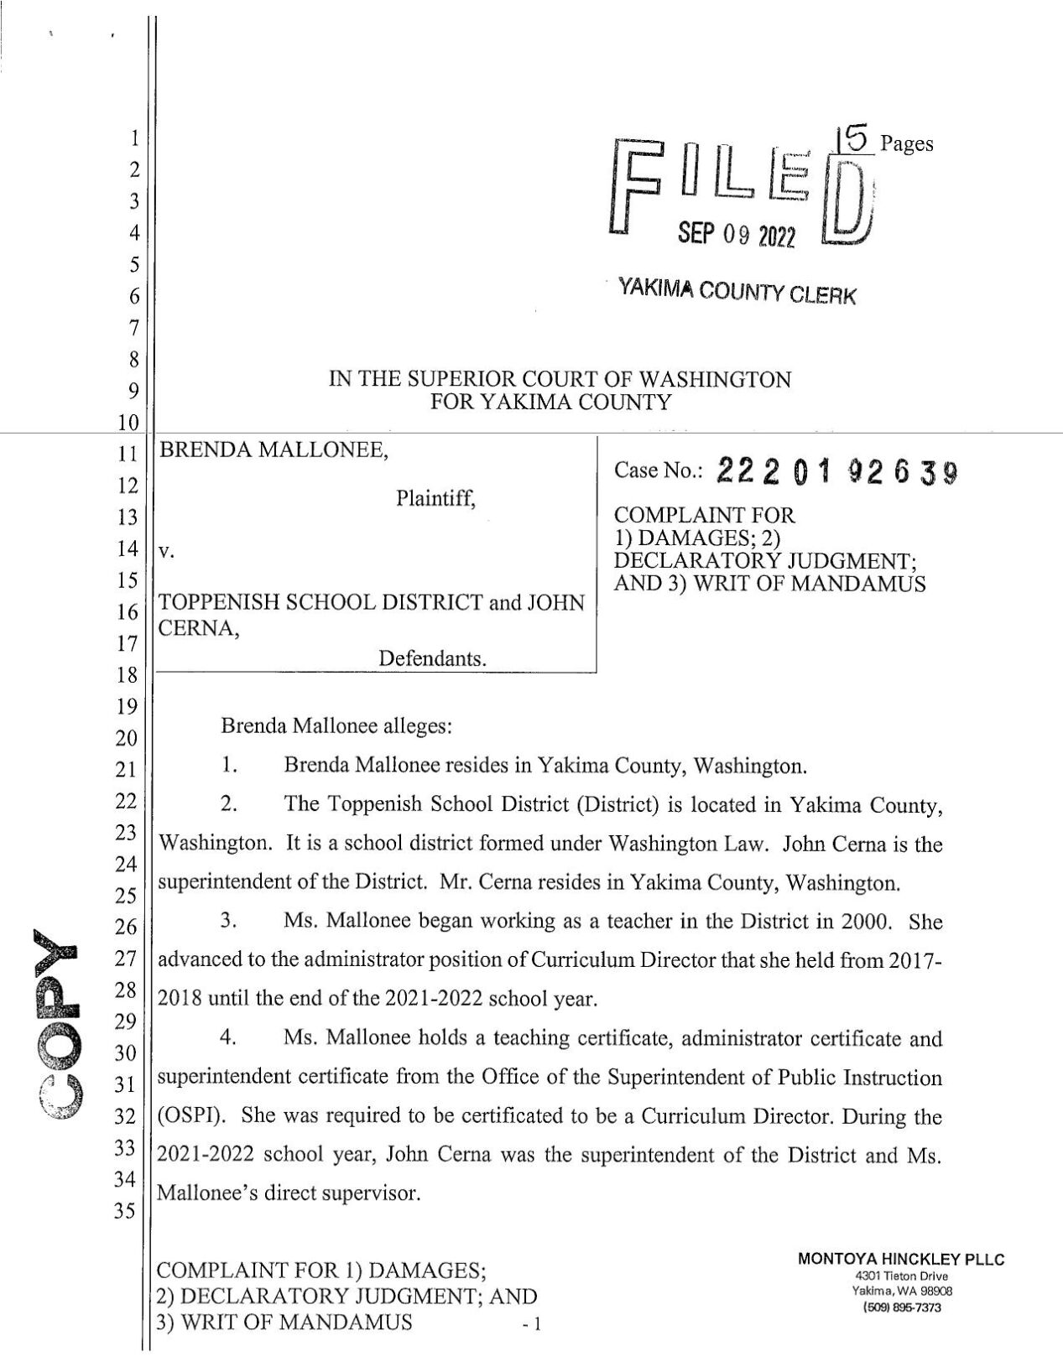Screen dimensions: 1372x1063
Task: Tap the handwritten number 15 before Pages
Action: coord(852,140)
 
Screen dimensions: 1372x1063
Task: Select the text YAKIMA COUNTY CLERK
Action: coord(737,292)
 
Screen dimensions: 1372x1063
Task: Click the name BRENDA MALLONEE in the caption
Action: coord(274,451)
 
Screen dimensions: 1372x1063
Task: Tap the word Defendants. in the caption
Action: coord(432,658)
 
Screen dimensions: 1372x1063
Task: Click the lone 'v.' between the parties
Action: coord(166,552)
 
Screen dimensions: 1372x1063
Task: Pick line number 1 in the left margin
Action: coord(133,138)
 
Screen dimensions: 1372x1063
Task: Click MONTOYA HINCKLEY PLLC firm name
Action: coord(901,1259)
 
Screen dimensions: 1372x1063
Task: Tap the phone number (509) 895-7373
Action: coord(901,1307)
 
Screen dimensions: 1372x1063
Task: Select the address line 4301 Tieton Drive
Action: coord(901,1276)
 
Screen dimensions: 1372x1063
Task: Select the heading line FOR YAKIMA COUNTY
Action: coord(550,402)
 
